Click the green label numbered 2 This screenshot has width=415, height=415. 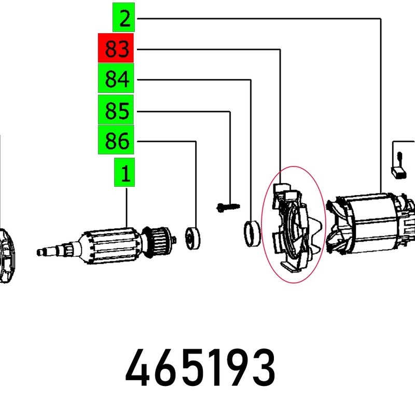[124, 19]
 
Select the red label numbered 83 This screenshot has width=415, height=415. [116, 49]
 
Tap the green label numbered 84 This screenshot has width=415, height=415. [116, 80]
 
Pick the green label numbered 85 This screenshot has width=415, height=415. [116, 110]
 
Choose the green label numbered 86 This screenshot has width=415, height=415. [116, 141]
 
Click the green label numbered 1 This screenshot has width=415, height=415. [125, 173]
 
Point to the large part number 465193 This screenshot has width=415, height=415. [200, 369]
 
